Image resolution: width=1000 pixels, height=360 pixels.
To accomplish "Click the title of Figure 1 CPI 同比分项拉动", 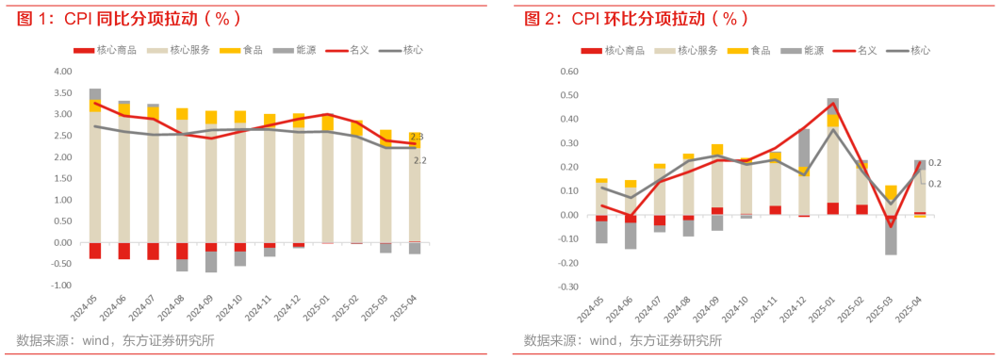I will pos(128,18).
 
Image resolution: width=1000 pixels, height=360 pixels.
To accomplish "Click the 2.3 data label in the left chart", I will pos(418,138).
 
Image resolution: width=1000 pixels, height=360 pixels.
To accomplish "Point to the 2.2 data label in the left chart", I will pos(420,160).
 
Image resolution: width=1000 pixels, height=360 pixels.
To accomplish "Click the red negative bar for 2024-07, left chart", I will pos(153,251).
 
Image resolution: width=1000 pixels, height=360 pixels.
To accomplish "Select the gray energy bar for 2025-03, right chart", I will pos(891,235).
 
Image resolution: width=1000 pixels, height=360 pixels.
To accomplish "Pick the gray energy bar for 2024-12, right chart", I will pos(804,149).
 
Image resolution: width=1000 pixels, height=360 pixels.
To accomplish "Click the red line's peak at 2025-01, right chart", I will pos(832,103).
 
